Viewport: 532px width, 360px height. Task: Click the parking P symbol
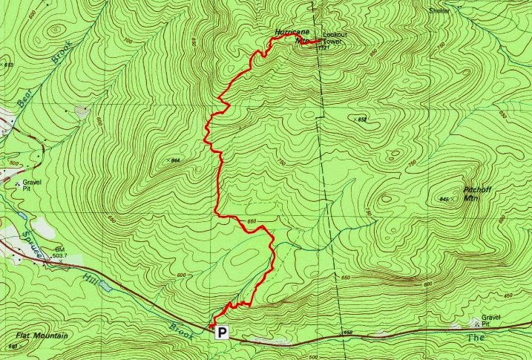[x=221, y=333]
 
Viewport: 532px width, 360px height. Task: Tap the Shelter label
[x=440, y=11]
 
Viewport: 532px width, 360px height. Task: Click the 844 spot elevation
[x=176, y=160]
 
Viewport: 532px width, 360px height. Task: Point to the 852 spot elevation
[x=362, y=120]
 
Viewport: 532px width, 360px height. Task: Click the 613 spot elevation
[x=8, y=66]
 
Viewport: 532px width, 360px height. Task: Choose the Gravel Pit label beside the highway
[x=490, y=320]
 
